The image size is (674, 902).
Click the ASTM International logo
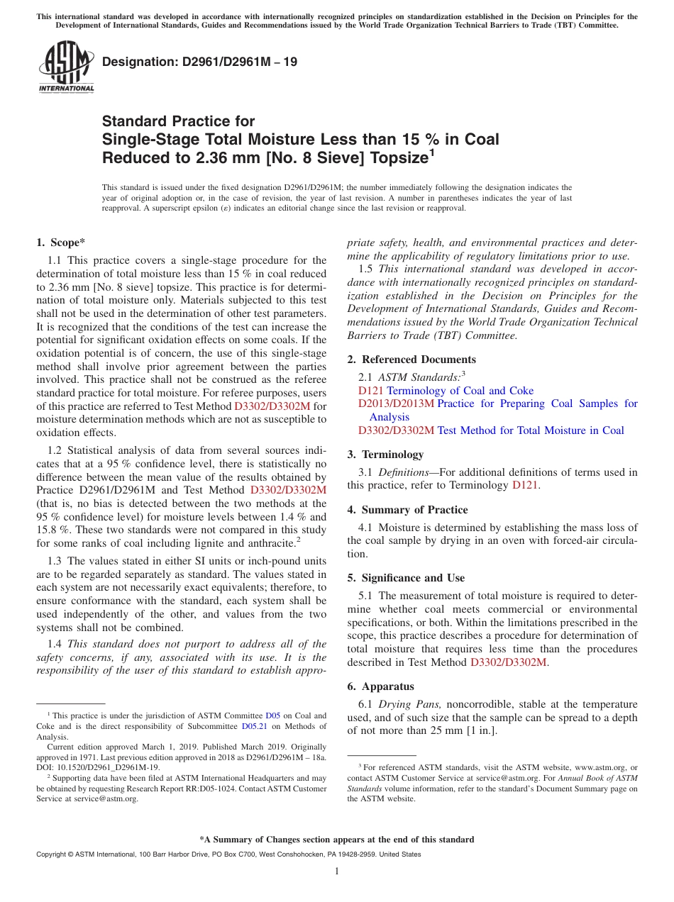click(x=66, y=67)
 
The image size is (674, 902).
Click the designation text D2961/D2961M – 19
click(x=199, y=62)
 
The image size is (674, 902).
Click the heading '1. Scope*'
click(x=61, y=242)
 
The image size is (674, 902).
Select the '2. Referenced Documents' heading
click(x=411, y=360)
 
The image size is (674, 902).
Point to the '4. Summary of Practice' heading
click(x=407, y=510)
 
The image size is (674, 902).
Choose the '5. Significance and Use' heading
click(x=406, y=578)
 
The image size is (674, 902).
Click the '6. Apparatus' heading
click(x=380, y=686)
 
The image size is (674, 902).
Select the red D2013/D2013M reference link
click(x=395, y=403)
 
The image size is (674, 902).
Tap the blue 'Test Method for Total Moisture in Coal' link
click(x=531, y=430)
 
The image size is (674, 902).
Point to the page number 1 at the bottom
click(x=337, y=872)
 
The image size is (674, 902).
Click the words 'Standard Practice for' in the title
click(x=178, y=121)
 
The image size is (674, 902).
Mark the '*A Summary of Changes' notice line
click(x=336, y=840)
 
